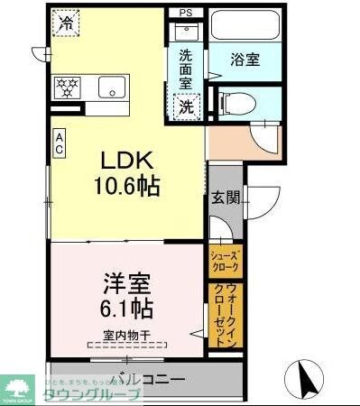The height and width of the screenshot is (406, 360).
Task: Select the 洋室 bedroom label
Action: pyautogui.click(x=122, y=281)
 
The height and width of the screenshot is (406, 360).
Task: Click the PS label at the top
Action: pyautogui.click(x=186, y=12)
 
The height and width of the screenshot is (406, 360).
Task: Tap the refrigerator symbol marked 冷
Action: pyautogui.click(x=66, y=23)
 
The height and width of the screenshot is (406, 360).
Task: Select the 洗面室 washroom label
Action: pyautogui.click(x=186, y=69)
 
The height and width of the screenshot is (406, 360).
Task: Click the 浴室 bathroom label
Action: pyautogui.click(x=245, y=60)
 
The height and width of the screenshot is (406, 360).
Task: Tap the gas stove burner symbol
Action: pyautogui.click(x=67, y=88)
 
